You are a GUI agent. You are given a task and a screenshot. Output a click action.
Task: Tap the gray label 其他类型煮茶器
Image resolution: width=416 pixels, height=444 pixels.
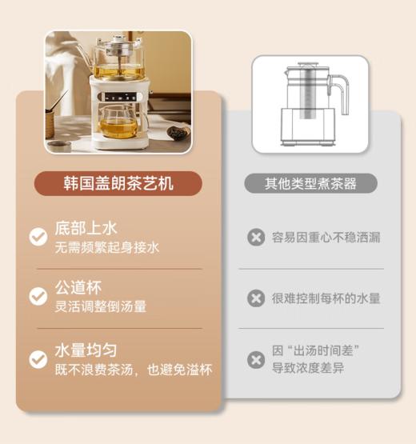pos(310,184)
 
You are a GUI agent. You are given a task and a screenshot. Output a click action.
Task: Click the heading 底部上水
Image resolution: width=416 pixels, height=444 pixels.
pos(80,227)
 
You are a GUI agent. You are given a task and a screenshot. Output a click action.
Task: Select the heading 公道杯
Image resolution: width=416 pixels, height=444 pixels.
pos(78,287)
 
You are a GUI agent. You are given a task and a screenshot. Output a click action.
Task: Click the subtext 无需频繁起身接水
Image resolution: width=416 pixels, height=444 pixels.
pos(106,247)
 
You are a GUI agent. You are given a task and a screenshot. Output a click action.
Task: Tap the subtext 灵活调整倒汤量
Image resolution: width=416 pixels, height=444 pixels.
pos(100,306)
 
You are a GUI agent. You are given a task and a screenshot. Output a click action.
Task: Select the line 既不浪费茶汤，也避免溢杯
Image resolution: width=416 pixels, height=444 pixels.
pos(133,370)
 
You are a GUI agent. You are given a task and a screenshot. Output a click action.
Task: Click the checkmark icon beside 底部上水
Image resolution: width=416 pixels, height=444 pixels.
pos(38,237)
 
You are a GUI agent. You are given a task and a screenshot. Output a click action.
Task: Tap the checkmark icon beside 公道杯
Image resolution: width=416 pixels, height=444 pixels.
pos(38,296)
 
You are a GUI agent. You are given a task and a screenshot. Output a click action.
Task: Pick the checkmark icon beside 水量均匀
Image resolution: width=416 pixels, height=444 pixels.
pos(38,359)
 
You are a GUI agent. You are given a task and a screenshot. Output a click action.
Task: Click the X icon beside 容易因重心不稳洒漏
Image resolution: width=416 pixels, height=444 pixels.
pos(255,238)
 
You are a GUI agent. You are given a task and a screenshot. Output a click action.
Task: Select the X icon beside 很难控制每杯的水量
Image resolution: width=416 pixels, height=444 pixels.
pos(255,298)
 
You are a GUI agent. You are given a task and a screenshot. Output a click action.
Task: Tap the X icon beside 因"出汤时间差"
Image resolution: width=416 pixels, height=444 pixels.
pos(255,359)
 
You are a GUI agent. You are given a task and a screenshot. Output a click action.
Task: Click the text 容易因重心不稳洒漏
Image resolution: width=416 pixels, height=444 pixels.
pos(326,238)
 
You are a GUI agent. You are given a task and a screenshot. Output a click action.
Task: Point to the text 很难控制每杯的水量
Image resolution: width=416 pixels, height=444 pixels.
pos(326,298)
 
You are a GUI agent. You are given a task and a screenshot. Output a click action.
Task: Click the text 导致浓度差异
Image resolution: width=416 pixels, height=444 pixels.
pos(308,369)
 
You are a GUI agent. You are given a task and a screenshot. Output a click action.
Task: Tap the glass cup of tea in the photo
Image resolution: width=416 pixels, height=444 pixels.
pos(119,124)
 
